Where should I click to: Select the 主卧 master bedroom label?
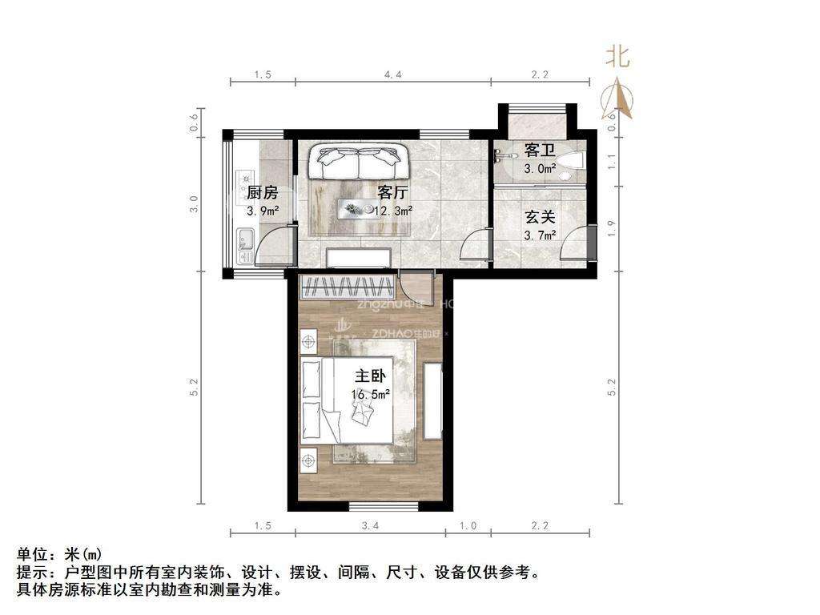(x=370, y=376)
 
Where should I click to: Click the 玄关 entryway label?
(x=539, y=216)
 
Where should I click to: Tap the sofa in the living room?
(x=357, y=163)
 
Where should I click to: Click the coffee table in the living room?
(x=358, y=209)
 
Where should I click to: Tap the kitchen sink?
(x=246, y=238)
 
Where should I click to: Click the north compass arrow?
(x=621, y=98)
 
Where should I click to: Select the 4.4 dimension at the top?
(x=392, y=74)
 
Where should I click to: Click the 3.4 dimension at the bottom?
(x=370, y=526)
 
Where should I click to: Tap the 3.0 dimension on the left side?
(x=194, y=205)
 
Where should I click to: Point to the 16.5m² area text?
(x=370, y=394)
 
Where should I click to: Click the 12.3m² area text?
(x=395, y=211)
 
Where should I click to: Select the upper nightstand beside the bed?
(x=308, y=342)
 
